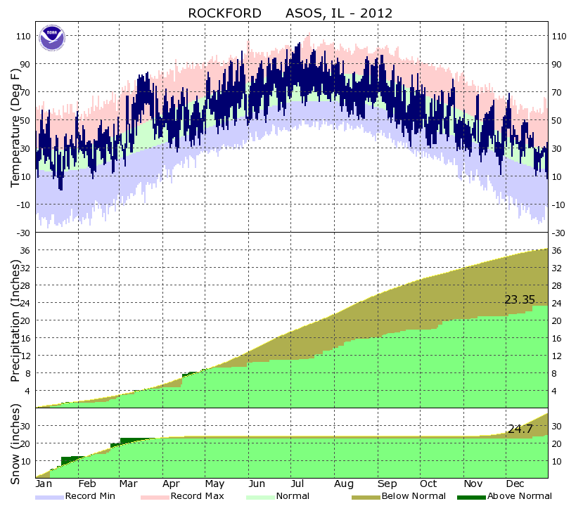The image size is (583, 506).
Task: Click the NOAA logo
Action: (x=51, y=37)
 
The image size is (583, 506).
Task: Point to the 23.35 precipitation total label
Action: (x=520, y=299)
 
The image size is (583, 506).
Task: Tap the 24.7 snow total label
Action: (x=520, y=429)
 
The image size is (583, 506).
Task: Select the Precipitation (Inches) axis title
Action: (x=15, y=319)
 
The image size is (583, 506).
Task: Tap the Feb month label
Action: (x=87, y=484)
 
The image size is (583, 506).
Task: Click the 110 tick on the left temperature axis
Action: (x=22, y=36)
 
